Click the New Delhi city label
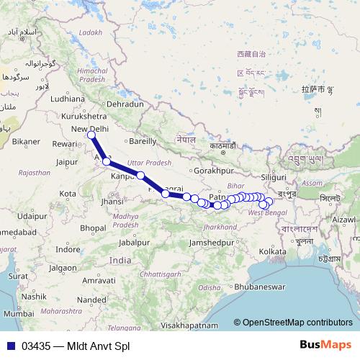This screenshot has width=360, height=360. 90,129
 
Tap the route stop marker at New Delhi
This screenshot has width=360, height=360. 91,135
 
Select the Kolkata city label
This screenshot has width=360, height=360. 273,251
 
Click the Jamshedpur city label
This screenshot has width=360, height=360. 211,243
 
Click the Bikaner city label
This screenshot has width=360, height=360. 26,142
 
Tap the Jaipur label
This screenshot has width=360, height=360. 66,163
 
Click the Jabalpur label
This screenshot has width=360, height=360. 136,242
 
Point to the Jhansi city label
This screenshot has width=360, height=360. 112,202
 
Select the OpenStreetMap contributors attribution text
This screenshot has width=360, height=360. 297,323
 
